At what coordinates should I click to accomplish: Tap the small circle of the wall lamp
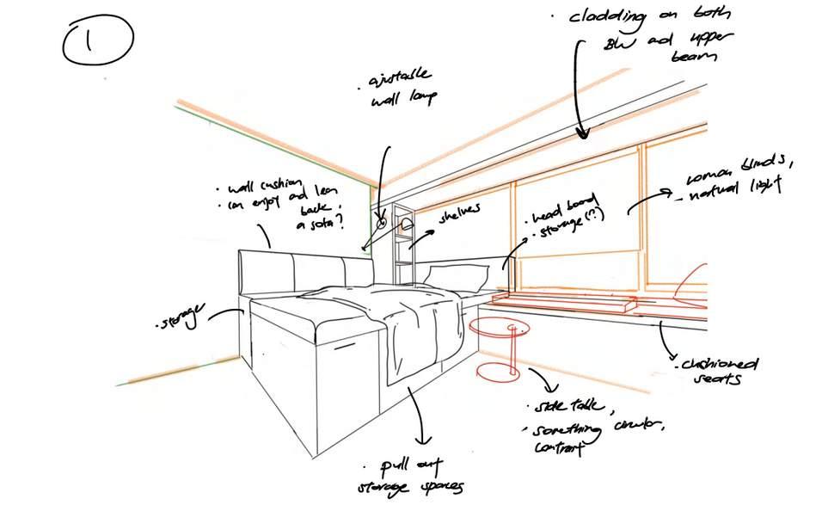(x=382, y=222)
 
